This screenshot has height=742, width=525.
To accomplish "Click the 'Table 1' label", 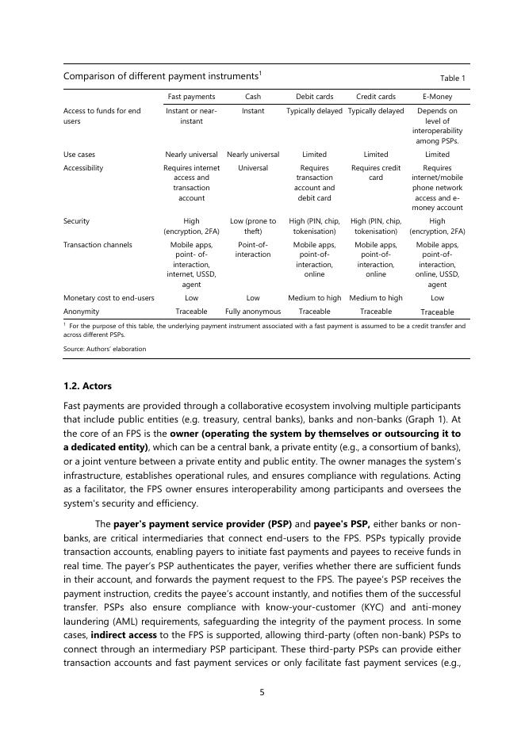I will coord(452,78).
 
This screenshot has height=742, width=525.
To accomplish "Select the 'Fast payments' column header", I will coord(191,97).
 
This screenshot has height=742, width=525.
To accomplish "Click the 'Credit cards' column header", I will coord(376,97).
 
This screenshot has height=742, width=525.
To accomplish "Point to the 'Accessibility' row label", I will coord(83,168).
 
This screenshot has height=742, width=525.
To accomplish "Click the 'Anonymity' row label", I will coord(81,312).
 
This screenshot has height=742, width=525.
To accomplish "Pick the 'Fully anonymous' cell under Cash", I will coord(253,312).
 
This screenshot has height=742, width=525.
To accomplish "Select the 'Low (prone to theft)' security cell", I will coord(253,226).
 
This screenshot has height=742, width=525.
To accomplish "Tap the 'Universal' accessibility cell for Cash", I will coord(253,168).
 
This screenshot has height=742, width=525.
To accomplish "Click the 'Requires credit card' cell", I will coord(376,173).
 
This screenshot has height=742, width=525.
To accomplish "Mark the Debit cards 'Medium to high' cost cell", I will coord(314,298).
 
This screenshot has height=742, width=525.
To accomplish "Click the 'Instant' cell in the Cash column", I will coord(253,111).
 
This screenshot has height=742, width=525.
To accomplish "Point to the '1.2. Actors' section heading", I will coord(87,386).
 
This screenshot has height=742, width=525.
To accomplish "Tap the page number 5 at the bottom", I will coord(262,692).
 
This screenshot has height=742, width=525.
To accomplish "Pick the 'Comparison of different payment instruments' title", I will coord(159,76).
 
